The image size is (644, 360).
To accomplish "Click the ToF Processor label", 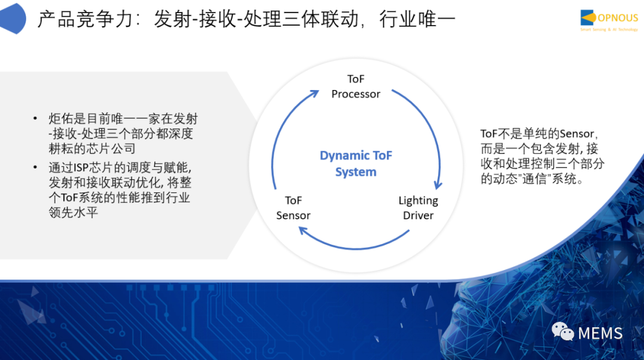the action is coord(355,86).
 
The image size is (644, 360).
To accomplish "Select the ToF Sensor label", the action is coord(293,207).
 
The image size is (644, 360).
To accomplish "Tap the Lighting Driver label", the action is coord(418,207).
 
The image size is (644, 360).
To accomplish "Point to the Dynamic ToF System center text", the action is coord(355,163).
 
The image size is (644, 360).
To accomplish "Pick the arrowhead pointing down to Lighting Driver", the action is coord(438,184).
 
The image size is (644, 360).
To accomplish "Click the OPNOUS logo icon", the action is coord(588,18).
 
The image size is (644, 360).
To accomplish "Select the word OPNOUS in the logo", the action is coord(618,18).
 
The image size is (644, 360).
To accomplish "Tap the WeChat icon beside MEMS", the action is coord(562,331).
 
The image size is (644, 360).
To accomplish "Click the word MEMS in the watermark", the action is coord(600,333).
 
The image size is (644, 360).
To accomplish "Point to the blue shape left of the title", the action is coord(13,18).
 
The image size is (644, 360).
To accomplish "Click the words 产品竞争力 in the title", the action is coord(85,19).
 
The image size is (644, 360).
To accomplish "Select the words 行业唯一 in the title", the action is coord(417,19).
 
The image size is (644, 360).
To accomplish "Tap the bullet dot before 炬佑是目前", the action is coord(35,119).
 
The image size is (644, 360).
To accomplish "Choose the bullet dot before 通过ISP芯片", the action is coord(35,167).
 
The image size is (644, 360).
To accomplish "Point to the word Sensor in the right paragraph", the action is coord(577,134).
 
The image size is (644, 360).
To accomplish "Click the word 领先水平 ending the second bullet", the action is coord(73,212).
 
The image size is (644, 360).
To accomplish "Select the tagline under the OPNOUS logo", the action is coord(609,30).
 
